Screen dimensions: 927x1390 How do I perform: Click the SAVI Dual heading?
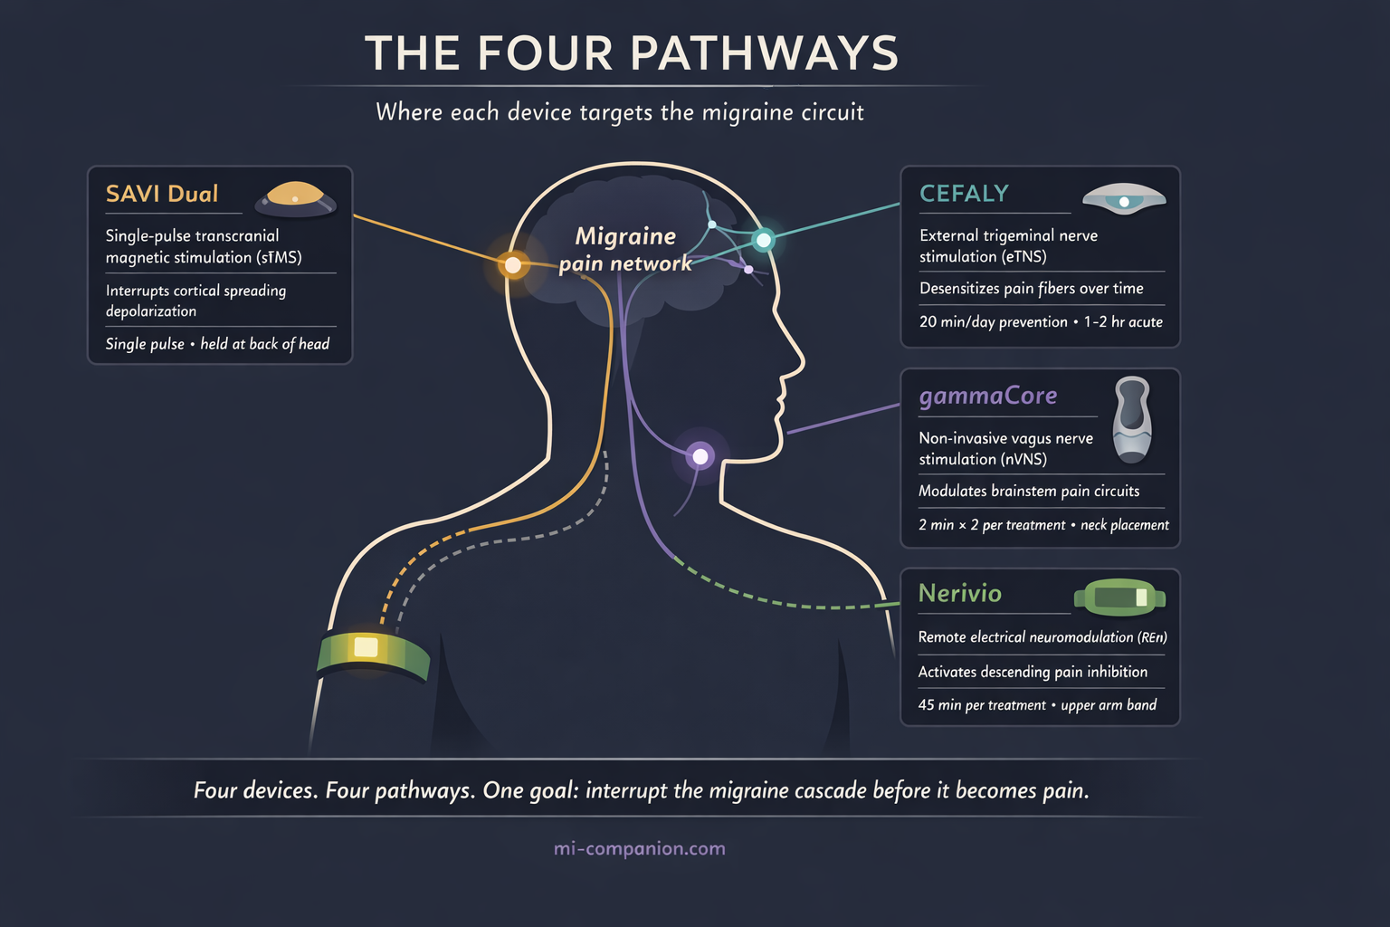tap(162, 194)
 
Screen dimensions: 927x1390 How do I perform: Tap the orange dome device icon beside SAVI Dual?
tap(295, 198)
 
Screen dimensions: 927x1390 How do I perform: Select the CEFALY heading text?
tap(964, 194)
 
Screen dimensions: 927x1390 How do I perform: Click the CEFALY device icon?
tap(1124, 198)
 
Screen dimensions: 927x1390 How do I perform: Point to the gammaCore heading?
tap(987, 396)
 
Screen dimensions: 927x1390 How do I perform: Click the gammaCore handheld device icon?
tap(1131, 418)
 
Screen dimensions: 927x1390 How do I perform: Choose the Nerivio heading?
tap(959, 593)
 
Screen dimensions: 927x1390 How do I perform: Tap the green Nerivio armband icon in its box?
tap(1119, 597)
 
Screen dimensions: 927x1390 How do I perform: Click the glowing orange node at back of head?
tap(513, 265)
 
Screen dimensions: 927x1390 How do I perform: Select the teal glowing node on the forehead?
tap(764, 240)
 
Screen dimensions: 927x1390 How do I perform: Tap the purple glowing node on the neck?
tap(700, 456)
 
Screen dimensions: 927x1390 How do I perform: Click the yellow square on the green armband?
tap(366, 647)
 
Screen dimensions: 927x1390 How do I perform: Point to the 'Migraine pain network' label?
tap(625, 250)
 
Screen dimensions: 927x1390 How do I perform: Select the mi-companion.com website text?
tap(639, 848)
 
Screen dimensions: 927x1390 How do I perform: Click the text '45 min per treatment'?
tap(982, 705)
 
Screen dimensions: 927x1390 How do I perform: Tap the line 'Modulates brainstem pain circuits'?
tap(1029, 491)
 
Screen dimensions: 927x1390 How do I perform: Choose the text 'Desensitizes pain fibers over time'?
tap(1031, 288)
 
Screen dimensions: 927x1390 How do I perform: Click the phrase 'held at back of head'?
tap(264, 344)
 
